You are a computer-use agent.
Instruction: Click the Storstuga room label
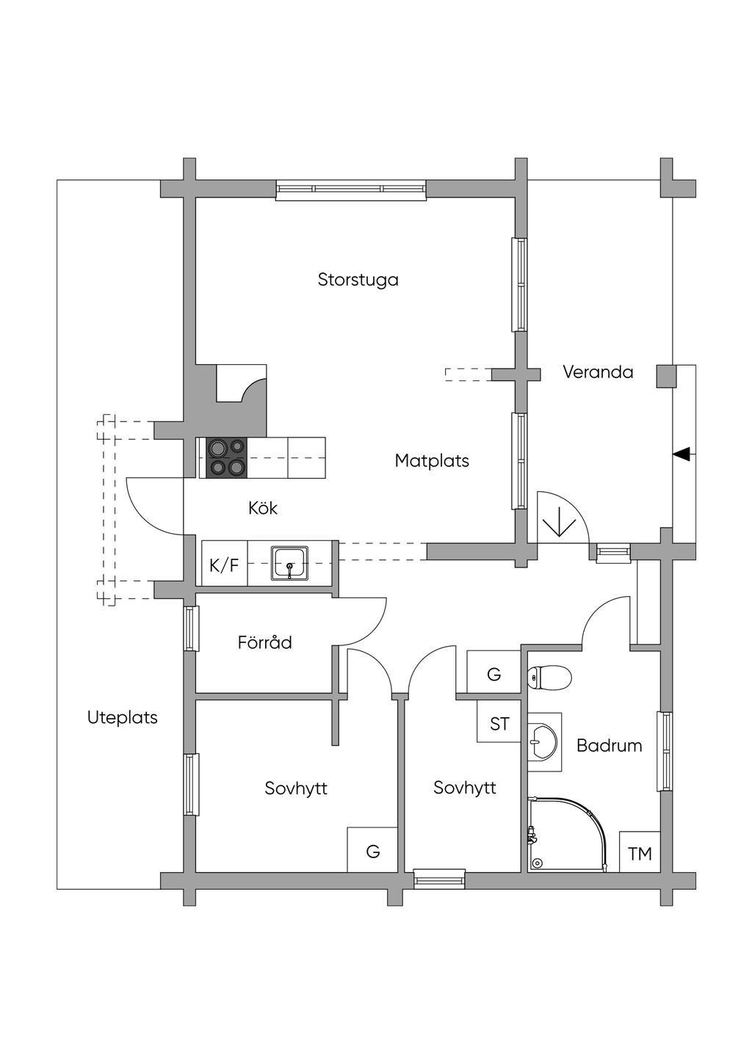[x=358, y=280]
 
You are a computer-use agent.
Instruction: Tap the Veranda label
[x=598, y=372]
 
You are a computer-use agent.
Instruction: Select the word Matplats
[x=432, y=461]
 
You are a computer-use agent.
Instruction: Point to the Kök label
[x=263, y=508]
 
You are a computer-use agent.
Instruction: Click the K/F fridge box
[x=224, y=565]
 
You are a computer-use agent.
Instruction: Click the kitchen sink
[x=291, y=563]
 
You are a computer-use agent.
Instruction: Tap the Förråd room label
[x=264, y=643]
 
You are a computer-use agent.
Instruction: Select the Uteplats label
[x=123, y=717]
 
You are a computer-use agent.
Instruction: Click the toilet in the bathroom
[x=549, y=678]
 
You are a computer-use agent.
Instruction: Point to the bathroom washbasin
[x=543, y=741]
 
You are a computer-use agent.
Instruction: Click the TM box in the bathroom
[x=640, y=853]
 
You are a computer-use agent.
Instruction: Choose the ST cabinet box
[x=499, y=724]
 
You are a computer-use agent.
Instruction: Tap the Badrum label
[x=609, y=746]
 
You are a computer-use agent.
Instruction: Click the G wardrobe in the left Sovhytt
[x=373, y=851]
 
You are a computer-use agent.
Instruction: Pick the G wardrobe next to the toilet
[x=493, y=674]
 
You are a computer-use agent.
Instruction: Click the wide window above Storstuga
[x=351, y=189]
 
